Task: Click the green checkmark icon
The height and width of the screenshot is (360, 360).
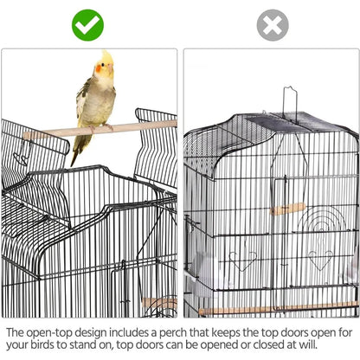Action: click(87, 25)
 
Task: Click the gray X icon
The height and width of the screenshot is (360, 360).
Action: click(273, 25)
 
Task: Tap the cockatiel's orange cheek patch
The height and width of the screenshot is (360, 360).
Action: click(99, 68)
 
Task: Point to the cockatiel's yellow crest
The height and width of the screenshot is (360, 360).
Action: click(107, 56)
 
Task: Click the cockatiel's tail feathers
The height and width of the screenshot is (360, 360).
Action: click(79, 149)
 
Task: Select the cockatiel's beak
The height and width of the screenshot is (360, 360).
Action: click(111, 68)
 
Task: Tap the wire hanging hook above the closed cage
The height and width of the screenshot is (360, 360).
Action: click(290, 104)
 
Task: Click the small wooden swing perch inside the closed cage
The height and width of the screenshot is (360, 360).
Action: click(287, 209)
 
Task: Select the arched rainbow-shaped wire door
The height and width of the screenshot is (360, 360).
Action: click(322, 219)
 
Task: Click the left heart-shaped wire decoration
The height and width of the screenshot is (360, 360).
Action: click(242, 260)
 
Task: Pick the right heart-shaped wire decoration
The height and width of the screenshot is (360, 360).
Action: click(319, 260)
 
